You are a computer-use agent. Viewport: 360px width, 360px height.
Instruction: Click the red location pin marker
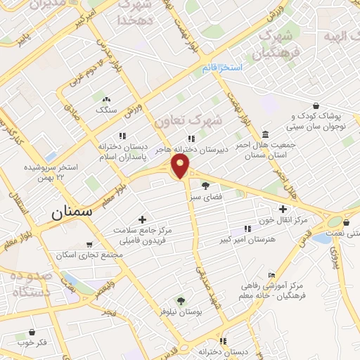(181, 166)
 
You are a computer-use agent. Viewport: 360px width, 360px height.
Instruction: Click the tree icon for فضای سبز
(205, 186)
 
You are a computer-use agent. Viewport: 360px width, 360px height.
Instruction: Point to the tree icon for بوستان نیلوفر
(181, 301)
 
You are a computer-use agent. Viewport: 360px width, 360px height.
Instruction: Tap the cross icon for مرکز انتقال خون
(283, 209)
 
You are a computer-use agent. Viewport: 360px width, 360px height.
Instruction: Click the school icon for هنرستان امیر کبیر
(247, 229)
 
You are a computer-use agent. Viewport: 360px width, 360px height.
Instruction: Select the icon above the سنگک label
(106, 100)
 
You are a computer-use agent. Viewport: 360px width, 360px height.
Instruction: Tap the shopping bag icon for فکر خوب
(32, 332)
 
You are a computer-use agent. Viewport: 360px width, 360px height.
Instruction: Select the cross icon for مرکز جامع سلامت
(142, 220)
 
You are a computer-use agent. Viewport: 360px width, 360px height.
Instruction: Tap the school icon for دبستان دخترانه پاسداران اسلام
(122, 135)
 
